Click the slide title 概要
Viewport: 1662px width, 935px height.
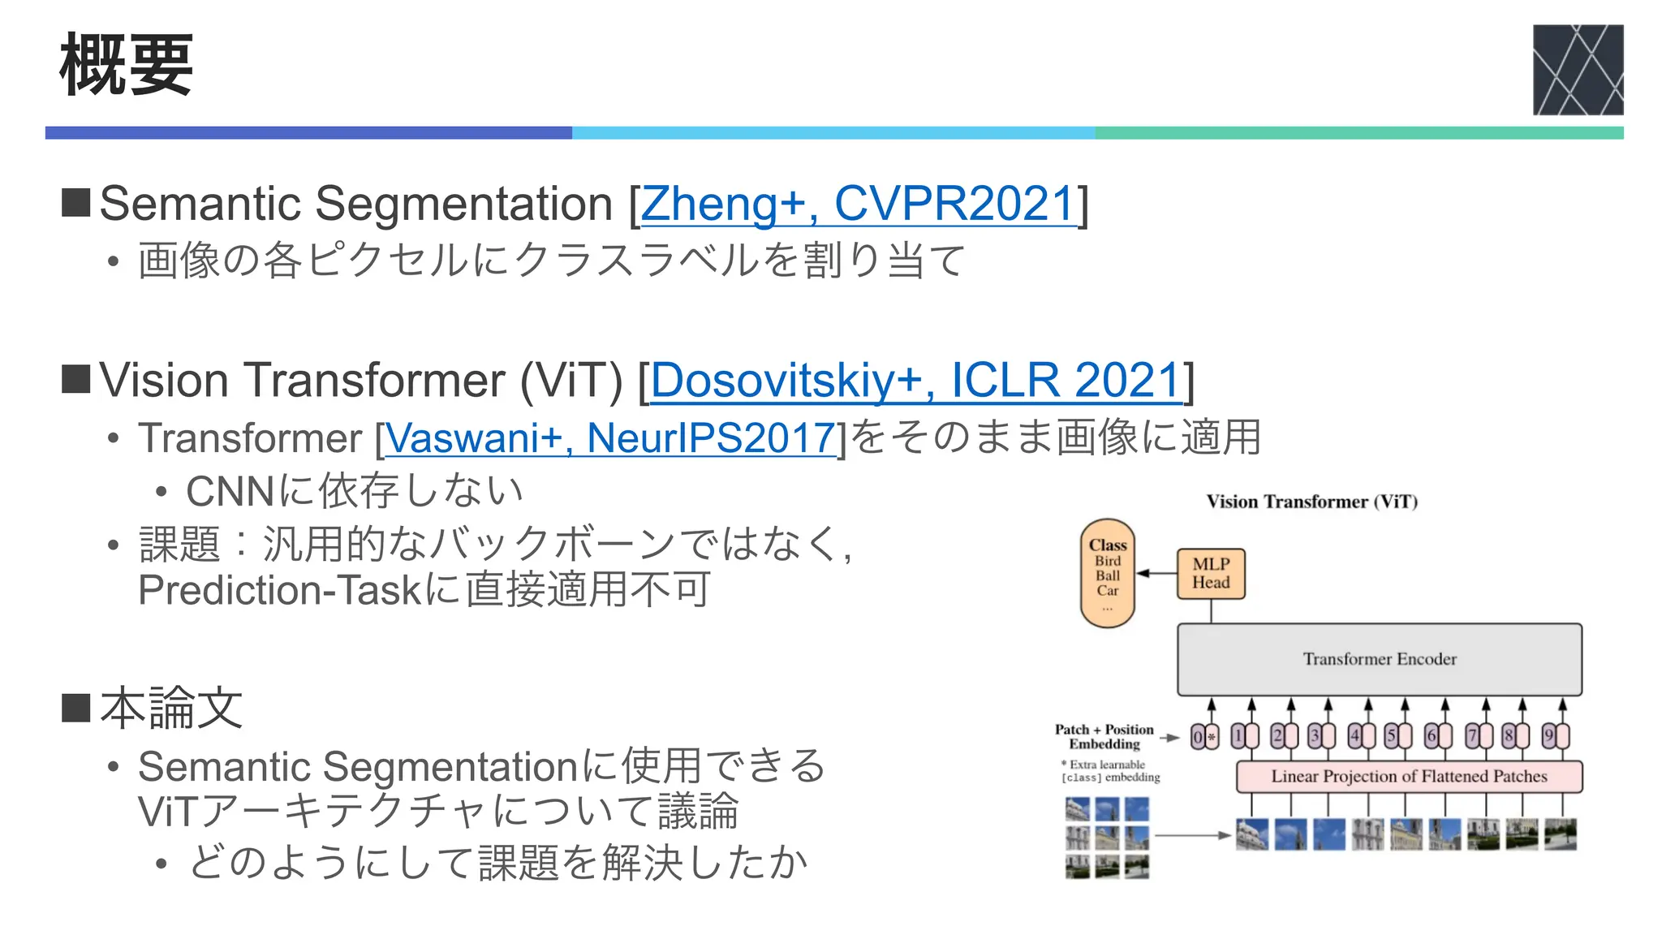click(126, 65)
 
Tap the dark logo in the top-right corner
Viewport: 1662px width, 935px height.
click(1577, 70)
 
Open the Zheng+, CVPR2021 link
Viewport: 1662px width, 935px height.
click(859, 204)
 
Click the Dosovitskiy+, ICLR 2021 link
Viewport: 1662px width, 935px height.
click(915, 380)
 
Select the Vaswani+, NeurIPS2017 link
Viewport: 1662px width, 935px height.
click(609, 438)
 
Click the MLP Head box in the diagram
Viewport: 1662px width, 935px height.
click(1211, 574)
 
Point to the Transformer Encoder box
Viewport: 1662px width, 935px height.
click(1379, 659)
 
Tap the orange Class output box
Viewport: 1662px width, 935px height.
click(1108, 573)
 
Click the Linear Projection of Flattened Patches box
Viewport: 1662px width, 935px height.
click(1409, 777)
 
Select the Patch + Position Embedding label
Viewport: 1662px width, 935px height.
click(1104, 736)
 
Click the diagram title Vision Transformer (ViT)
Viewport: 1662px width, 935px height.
click(1311, 502)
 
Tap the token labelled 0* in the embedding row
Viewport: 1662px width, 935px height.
click(1204, 737)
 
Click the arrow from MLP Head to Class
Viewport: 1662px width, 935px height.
click(1156, 573)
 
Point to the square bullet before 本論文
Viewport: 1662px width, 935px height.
click(76, 707)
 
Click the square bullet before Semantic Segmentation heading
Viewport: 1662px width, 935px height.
click(76, 203)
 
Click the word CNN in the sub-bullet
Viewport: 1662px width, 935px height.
click(231, 491)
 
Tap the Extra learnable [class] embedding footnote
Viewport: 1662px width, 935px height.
click(1110, 771)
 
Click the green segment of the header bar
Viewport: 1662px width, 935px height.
click(1358, 133)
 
